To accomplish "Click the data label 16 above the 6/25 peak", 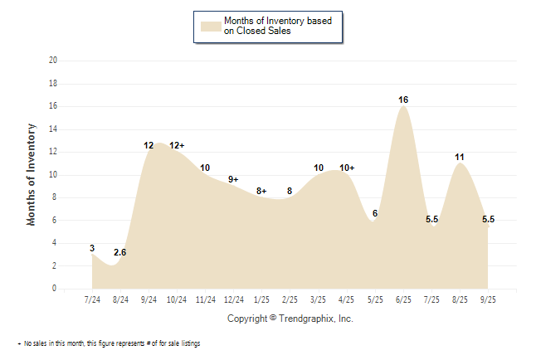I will [403, 100].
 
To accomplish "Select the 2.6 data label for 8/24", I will [121, 252].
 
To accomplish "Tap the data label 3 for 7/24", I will [93, 248].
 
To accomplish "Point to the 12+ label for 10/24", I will [177, 145].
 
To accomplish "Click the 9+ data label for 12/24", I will [233, 179].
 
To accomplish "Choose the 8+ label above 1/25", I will [261, 191].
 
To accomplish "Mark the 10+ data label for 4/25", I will [347, 168].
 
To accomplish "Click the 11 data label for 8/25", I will [460, 157].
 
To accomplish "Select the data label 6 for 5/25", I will [375, 213].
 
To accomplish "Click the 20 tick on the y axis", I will [53, 61].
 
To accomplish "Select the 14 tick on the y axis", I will [53, 129].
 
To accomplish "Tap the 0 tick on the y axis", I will [55, 289].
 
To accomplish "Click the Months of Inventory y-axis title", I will [32, 174].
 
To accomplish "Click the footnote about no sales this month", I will [108, 343].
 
